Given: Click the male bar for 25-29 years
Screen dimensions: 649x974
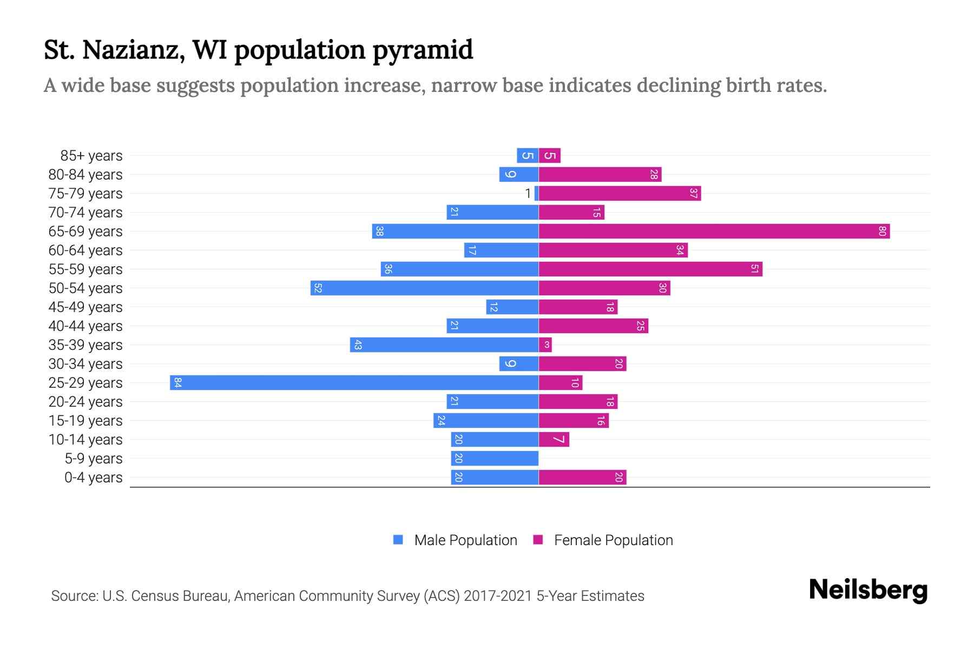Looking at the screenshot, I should point(354,383).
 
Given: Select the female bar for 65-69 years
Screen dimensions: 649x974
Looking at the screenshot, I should point(714,231).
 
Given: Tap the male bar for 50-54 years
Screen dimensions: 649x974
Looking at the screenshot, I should point(424,288).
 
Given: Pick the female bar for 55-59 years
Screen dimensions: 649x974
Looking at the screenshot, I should point(650,269).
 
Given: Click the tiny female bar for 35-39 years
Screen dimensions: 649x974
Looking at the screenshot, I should point(545,345).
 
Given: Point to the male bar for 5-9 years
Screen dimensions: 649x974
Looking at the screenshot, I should point(495,459).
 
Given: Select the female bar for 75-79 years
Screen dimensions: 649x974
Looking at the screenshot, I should point(620,194).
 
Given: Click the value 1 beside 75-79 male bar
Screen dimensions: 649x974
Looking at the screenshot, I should point(528,194).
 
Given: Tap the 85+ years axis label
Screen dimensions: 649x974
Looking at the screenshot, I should point(91,156).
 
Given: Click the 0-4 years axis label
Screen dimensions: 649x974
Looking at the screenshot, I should point(93,478).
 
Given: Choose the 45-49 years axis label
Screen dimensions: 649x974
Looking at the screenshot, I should point(85,307).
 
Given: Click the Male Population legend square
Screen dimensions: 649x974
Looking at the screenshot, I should point(398,540).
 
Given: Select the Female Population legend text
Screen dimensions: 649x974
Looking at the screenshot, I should point(613,540).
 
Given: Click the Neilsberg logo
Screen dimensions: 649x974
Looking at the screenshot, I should point(868,590).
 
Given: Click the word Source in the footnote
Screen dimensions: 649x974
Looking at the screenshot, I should point(74,596).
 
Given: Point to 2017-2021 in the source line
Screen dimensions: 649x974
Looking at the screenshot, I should point(497,596).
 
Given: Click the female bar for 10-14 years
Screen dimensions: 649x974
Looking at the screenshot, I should point(554,440).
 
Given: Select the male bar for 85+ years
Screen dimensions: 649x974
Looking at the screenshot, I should point(528,156).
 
